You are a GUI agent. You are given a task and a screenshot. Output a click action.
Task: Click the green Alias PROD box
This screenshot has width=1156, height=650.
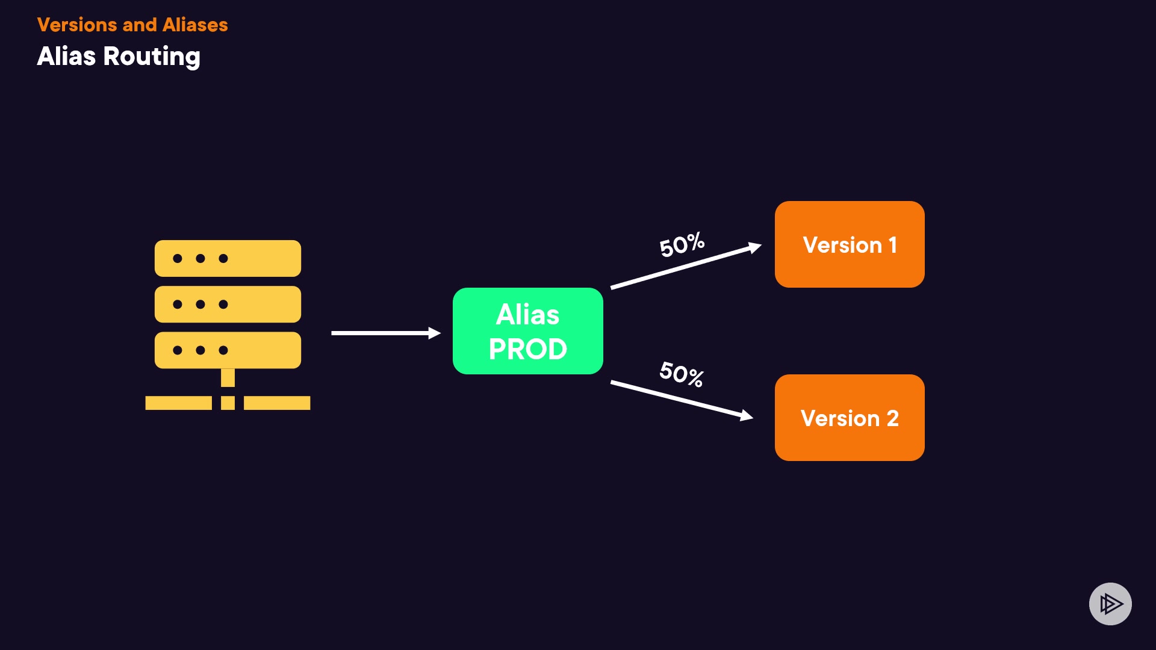pos(528,331)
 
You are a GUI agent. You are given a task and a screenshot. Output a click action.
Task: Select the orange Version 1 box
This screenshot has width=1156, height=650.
pos(850,244)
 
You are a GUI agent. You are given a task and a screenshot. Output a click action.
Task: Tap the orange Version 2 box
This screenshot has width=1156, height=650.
pos(850,418)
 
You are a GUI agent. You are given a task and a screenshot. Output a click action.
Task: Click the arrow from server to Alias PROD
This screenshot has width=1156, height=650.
pos(386,333)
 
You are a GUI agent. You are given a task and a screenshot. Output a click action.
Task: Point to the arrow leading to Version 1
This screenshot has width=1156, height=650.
pos(686,266)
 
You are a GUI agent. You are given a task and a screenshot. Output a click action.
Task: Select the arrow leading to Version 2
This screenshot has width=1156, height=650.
pos(682,400)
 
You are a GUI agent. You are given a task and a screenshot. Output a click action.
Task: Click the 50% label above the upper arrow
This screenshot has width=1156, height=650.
pos(682,244)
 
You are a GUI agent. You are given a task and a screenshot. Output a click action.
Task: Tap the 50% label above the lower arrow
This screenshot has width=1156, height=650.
pos(682,374)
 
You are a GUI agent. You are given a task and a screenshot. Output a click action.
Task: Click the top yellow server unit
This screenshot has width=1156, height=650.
pos(228,258)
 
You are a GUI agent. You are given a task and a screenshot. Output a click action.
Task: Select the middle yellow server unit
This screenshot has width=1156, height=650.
pos(228,304)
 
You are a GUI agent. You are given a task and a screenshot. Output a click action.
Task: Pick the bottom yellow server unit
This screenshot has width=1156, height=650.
pos(228,350)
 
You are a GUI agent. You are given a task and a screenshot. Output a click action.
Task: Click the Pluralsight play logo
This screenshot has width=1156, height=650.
pos(1110,604)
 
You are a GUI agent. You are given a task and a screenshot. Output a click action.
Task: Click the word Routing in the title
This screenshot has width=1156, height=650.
pos(152,57)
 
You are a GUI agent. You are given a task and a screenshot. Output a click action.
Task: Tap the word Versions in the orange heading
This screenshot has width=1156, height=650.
pos(77,25)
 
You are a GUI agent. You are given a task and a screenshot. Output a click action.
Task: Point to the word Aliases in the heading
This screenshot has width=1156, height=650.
pos(195,25)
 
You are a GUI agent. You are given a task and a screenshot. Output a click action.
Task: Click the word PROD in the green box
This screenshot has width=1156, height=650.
pos(528,349)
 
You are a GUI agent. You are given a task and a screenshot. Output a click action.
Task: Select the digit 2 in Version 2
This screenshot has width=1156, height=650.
pos(892,418)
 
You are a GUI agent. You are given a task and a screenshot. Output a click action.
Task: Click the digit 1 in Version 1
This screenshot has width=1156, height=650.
pos(892,245)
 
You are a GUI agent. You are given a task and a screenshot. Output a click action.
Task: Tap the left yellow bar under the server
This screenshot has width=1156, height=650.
pos(178,403)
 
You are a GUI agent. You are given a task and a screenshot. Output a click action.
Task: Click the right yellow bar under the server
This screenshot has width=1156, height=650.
pos(277,403)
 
